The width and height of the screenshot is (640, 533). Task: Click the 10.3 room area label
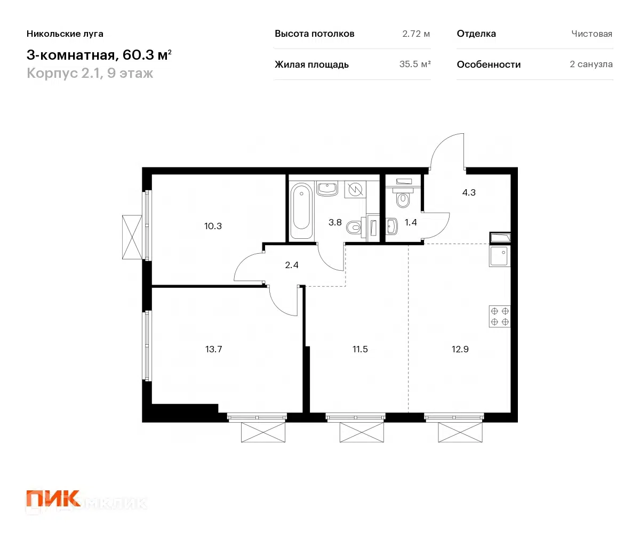click(x=213, y=225)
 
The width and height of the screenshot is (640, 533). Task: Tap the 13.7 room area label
click(x=213, y=350)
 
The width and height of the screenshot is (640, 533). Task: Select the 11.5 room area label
click(x=360, y=350)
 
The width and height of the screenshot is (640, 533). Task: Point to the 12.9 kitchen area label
click(x=459, y=350)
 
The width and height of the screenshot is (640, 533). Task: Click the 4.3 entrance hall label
click(x=469, y=192)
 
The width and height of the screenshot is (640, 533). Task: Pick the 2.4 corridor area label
click(x=291, y=263)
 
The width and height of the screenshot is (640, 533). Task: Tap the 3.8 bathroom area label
click(x=335, y=223)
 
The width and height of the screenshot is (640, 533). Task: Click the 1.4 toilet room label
click(x=411, y=223)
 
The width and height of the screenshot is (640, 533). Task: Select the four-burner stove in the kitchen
click(x=500, y=316)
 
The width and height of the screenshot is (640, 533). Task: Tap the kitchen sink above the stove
click(x=500, y=256)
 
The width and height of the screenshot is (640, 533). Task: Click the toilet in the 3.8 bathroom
click(x=354, y=228)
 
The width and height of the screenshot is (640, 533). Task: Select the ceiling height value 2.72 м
click(x=416, y=34)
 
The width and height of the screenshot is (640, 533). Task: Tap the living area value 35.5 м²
click(x=415, y=64)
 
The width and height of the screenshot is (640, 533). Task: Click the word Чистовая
click(x=591, y=34)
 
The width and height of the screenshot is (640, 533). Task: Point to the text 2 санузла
click(x=591, y=64)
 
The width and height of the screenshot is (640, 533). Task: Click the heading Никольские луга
click(x=65, y=34)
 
